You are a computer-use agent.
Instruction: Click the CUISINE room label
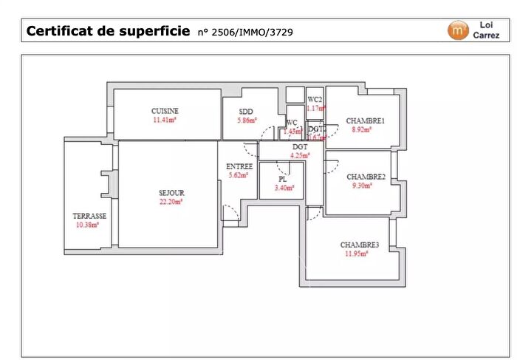pos(165,111)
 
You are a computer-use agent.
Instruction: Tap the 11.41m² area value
pos(165,120)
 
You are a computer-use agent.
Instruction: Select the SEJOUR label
pos(171,193)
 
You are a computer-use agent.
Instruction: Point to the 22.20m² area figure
pos(171,201)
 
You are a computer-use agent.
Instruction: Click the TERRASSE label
pos(89,216)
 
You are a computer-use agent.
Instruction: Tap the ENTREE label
pos(239,166)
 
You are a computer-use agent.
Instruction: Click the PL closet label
pos(282,179)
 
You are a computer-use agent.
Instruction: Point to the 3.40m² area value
pos(284,188)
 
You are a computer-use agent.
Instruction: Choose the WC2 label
pos(315,99)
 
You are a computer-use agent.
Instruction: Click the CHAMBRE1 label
pos(366,120)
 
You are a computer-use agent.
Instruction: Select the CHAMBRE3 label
pos(360,245)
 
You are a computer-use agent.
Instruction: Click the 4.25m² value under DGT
pos(300,156)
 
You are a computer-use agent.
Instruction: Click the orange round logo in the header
pos(458,30)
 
